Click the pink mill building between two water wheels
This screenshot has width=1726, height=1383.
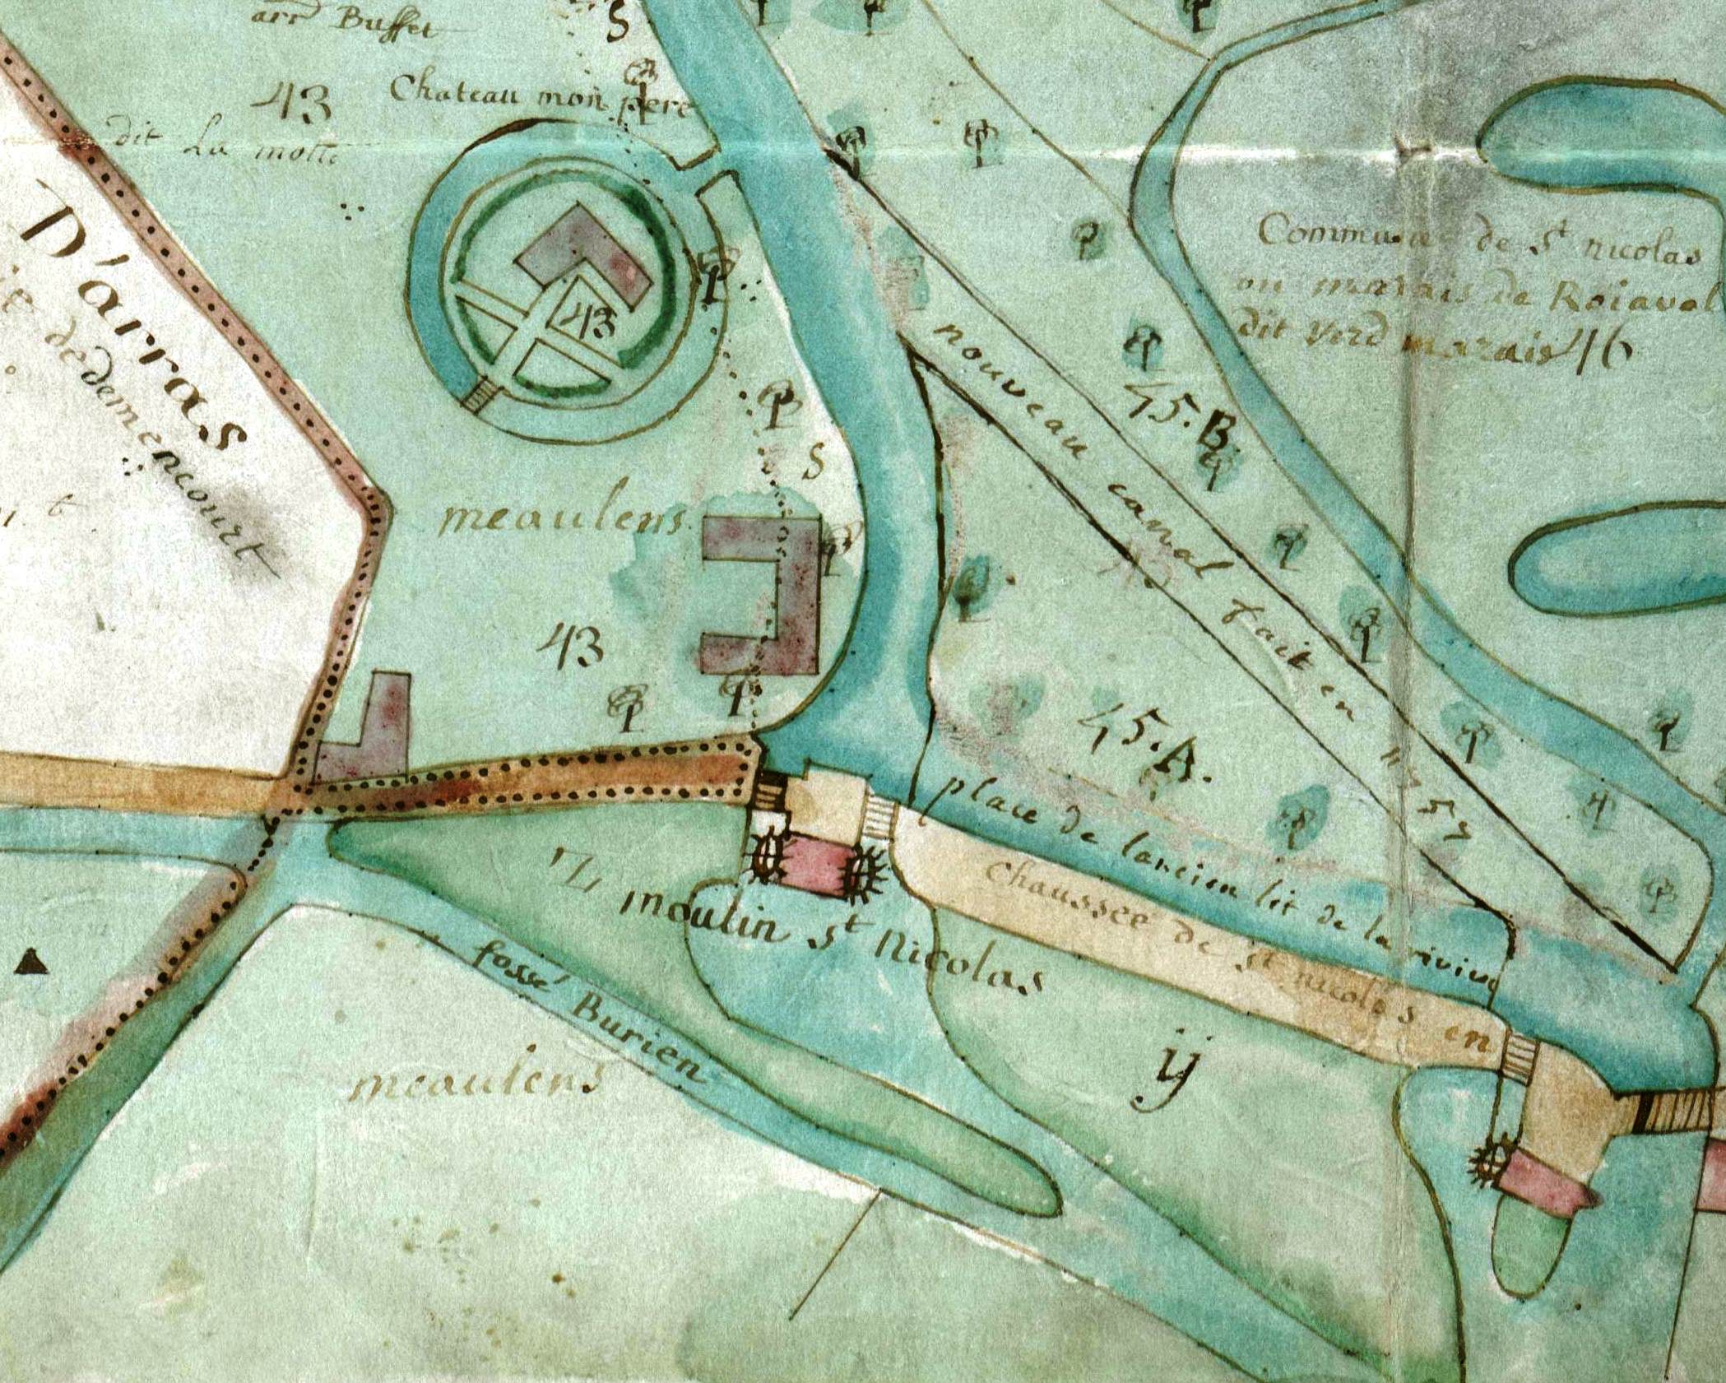[x=814, y=864]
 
